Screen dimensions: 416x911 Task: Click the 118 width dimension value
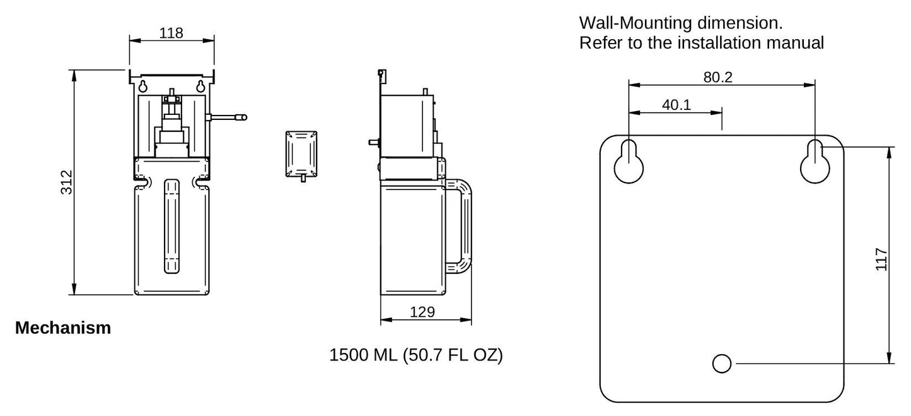click(171, 33)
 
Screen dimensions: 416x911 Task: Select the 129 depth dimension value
click(422, 312)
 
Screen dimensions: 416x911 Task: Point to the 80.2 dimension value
click(717, 77)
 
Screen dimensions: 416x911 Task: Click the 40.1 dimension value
click(676, 105)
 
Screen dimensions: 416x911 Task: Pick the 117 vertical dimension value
click(881, 259)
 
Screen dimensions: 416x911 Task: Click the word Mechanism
click(62, 328)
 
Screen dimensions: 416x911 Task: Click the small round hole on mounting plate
click(722, 363)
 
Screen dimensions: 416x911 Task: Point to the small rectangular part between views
click(301, 153)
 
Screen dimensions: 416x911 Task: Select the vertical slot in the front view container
click(171, 226)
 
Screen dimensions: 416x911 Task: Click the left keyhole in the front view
click(144, 86)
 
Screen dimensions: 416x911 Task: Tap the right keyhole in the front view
click(200, 86)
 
